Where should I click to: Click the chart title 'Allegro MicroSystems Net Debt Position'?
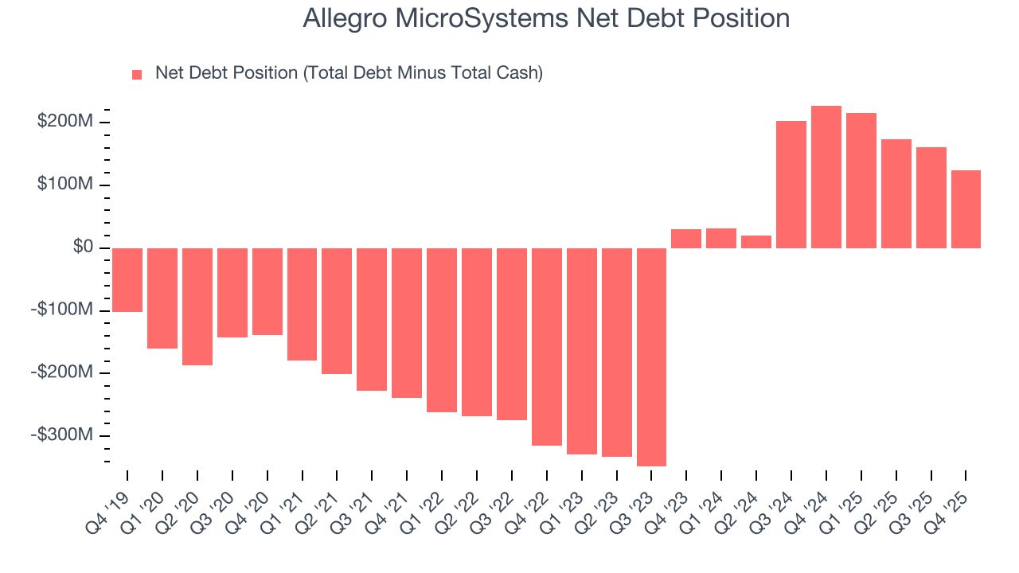(x=546, y=18)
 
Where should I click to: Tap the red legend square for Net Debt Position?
(x=137, y=74)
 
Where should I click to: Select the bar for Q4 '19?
(x=127, y=279)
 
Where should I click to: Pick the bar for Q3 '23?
(x=651, y=357)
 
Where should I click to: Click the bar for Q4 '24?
(x=826, y=177)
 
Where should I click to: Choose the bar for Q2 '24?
(x=756, y=242)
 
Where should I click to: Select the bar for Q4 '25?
(x=966, y=209)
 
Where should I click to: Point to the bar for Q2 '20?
(x=197, y=306)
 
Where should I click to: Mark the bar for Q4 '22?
(x=547, y=346)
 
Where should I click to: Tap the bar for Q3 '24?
(x=791, y=185)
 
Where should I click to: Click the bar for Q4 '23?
(x=686, y=239)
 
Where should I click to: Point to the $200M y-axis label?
(x=65, y=122)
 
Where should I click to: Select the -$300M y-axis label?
(x=62, y=435)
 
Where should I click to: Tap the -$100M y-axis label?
(x=62, y=310)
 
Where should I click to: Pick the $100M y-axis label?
(x=65, y=185)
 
